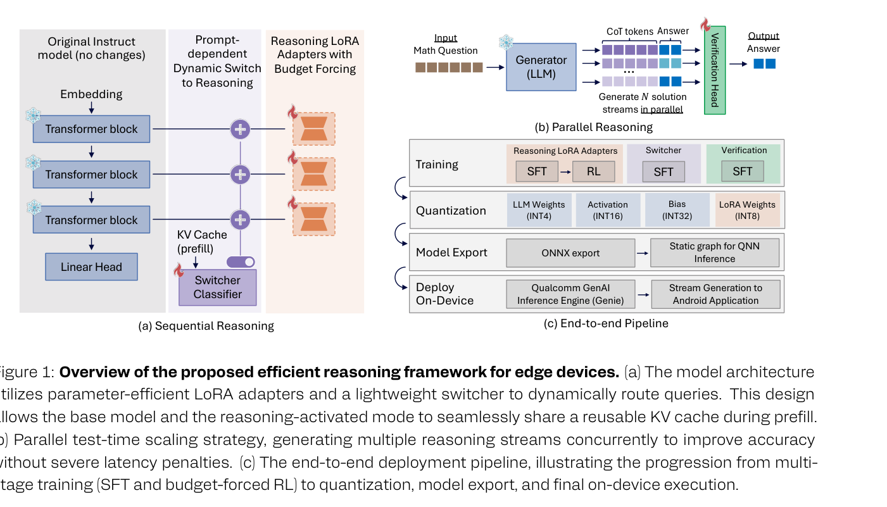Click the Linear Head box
pos(91,266)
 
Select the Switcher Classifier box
pos(217,287)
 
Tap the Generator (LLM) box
pos(541,66)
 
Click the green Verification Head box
pos(715,70)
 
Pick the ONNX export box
pos(570,253)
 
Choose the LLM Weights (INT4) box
pos(539,210)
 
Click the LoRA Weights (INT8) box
pos(747,210)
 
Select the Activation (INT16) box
pos(608,210)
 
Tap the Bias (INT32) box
pos(677,210)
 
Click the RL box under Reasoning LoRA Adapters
pos(593,172)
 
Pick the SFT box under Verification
pos(742,172)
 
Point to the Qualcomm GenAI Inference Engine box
pos(570,294)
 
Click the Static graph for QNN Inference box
pos(715,253)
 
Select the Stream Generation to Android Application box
pos(715,294)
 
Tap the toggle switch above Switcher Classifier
pos(241,261)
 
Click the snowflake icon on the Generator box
pos(506,42)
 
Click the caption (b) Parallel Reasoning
pos(593,127)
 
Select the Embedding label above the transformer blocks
pos(91,94)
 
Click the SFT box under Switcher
pos(664,172)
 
